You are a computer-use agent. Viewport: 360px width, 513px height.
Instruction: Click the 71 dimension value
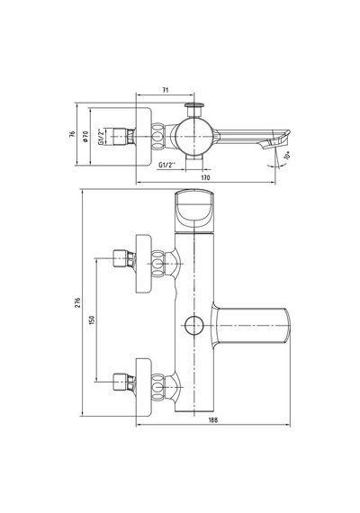click(166, 90)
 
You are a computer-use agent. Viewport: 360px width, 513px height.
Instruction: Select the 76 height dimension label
click(72, 134)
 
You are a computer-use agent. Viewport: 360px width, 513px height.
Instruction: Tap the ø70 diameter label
click(85, 136)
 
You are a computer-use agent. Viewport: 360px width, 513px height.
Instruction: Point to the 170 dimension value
click(205, 177)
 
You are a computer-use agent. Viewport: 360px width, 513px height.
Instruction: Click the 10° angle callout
click(287, 155)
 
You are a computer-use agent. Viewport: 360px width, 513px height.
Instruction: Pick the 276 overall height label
click(77, 302)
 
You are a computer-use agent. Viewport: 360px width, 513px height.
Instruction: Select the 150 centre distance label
click(92, 319)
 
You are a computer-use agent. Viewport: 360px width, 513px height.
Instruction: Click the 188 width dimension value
click(213, 420)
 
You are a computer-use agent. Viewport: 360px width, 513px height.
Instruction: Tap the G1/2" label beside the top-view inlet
click(101, 137)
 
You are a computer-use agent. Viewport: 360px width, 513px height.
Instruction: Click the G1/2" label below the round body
click(167, 165)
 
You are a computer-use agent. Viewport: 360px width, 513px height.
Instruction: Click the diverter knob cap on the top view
click(194, 105)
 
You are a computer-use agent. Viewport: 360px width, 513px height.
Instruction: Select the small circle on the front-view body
click(194, 326)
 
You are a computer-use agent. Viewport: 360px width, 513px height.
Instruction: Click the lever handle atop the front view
click(194, 211)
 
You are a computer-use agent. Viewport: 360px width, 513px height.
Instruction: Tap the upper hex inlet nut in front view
click(120, 258)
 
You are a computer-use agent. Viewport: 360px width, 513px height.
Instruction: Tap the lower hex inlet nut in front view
click(120, 382)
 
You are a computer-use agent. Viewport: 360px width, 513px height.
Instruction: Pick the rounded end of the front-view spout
click(286, 326)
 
